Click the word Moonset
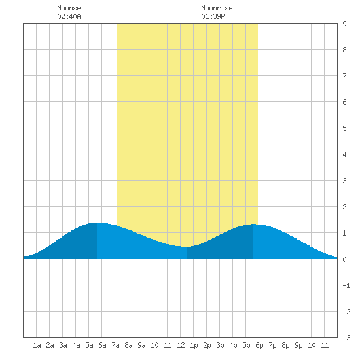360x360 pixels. pos(71,8)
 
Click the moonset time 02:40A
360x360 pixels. pos(69,16)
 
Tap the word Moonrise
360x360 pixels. pos(217,8)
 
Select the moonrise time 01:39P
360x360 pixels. pos(213,16)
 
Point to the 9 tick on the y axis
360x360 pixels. pos(344,24)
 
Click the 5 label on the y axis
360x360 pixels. pos(344,128)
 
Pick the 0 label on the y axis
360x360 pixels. pos(344,259)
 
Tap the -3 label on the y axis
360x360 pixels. pos(346,338)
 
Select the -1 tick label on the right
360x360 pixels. pos(346,285)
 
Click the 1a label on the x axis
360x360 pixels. pos(37,345)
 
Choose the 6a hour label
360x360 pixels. pos(102,345)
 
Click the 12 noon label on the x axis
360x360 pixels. pos(181,345)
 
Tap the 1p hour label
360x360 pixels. pos(194,345)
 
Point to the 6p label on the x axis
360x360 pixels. pos(259,345)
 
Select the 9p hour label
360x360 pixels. pos(298,345)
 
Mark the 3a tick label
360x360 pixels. pos(63,345)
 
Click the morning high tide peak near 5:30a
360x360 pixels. pos(97,223)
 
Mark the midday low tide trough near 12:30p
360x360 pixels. pos(187,247)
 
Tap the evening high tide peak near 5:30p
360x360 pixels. pos(253,224)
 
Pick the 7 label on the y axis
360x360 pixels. pos(344,76)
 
